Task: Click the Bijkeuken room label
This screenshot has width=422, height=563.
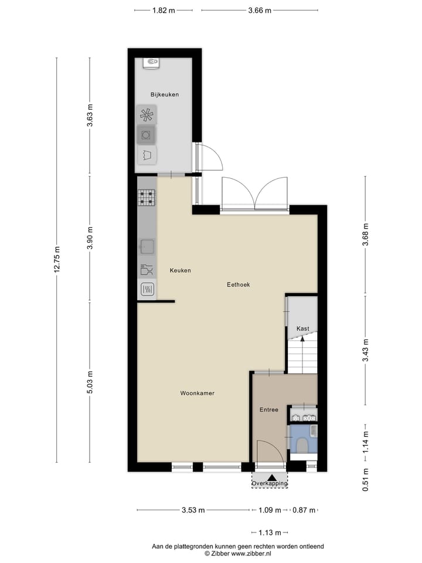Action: point(164,94)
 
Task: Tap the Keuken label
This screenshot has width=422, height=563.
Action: point(181,270)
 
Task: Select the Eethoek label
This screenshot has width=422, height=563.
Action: point(239,284)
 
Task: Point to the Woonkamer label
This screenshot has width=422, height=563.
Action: point(197,393)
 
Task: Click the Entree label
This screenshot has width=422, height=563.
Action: point(268,409)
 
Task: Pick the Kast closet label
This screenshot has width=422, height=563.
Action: point(302,328)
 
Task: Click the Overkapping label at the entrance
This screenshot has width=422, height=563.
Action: point(270,483)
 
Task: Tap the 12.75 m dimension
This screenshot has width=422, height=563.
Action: point(57,259)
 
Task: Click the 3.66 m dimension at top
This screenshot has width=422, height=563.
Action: point(259,10)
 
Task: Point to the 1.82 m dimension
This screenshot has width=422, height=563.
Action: point(163,10)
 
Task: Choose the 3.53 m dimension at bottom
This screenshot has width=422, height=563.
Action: point(193,510)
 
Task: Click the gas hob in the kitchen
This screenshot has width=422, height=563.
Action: point(147,198)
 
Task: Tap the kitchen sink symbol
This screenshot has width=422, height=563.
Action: point(147,246)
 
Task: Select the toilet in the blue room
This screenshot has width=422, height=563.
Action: point(303,446)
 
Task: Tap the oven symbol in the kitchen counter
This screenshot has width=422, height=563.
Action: point(147,289)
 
